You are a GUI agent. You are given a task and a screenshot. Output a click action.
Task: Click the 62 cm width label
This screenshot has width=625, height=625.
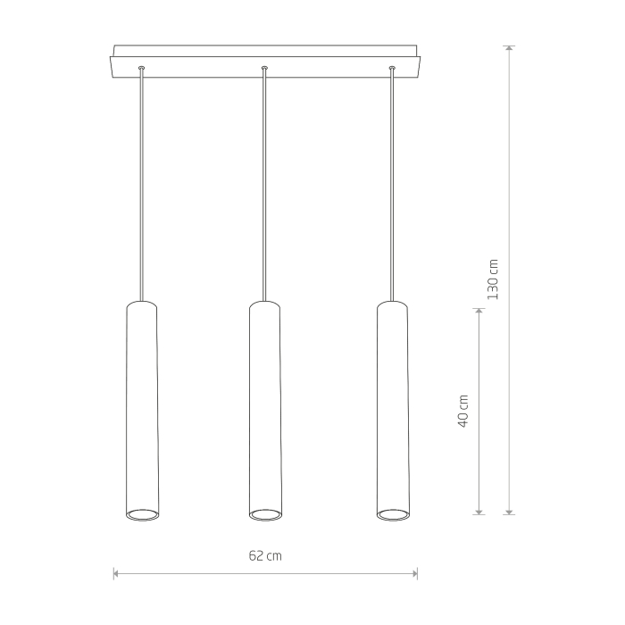(265, 555)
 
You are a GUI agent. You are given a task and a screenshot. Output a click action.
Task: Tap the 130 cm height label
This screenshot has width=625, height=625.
(493, 279)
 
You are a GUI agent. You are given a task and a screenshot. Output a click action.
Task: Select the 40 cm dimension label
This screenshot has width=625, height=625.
(462, 411)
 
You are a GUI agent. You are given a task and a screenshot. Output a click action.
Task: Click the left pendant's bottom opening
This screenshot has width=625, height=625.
(142, 515)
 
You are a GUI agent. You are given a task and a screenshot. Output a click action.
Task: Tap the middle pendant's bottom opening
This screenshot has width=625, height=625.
(265, 515)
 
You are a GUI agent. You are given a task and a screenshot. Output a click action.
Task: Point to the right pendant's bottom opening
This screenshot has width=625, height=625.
(393, 515)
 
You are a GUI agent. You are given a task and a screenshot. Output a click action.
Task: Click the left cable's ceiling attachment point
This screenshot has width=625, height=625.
(141, 68)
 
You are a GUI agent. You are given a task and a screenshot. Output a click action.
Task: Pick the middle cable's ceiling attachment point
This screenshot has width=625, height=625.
(264, 68)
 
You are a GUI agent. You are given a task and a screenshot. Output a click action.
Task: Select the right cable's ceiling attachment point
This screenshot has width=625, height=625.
(392, 68)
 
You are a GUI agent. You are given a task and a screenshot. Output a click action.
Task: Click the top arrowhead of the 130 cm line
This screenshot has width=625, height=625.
(509, 48)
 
